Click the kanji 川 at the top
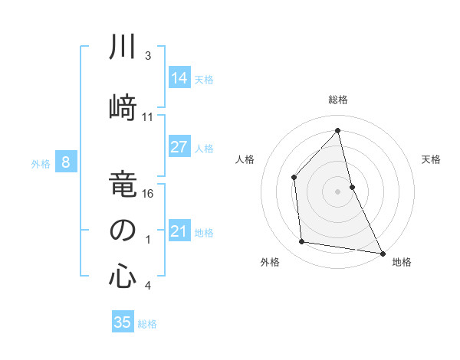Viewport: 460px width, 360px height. point(122,47)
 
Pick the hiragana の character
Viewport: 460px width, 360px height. point(122,231)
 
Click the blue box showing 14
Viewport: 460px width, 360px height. point(179,77)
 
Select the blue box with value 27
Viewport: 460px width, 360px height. point(179,147)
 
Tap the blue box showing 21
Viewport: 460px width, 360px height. point(179,231)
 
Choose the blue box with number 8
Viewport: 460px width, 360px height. point(66,162)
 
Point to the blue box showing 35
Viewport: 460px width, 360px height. point(123,322)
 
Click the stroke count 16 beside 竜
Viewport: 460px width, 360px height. point(149,195)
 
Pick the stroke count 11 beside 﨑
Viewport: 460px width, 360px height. point(149,117)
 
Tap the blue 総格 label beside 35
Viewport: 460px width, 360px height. point(147,324)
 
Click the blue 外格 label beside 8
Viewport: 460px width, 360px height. point(41,163)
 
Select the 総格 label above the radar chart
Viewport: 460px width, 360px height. point(338,100)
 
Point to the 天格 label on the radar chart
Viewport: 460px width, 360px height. point(432,159)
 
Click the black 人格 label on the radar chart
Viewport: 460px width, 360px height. point(245,159)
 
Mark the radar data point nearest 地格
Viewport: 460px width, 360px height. point(383,252)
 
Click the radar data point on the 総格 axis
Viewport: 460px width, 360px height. point(338,130)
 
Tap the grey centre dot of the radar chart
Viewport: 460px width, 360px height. point(338,191)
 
